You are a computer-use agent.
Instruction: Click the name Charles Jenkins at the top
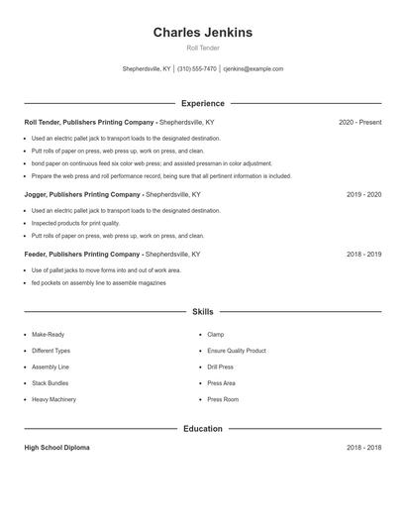coord(203,33)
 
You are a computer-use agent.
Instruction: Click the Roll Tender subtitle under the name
coord(203,48)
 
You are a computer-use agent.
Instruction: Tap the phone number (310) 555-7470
coord(198,69)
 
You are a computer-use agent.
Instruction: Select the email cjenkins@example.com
coord(254,69)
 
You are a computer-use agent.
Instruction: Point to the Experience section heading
coord(203,103)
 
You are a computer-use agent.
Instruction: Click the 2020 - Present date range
coord(359,123)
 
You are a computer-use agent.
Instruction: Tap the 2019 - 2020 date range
coord(363,195)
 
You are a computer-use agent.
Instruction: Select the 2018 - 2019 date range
coord(363,255)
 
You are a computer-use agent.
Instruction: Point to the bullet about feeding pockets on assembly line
coord(98,283)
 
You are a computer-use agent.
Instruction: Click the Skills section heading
coord(203,312)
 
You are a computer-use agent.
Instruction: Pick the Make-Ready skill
coord(48,335)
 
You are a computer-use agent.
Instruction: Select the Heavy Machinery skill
coord(53,399)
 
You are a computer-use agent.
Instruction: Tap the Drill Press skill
coord(221,367)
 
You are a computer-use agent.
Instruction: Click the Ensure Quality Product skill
coord(237,351)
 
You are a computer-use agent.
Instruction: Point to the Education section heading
coord(203,429)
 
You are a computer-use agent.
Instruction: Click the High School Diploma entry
coord(56,448)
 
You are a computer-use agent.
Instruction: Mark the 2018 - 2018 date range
coord(363,448)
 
